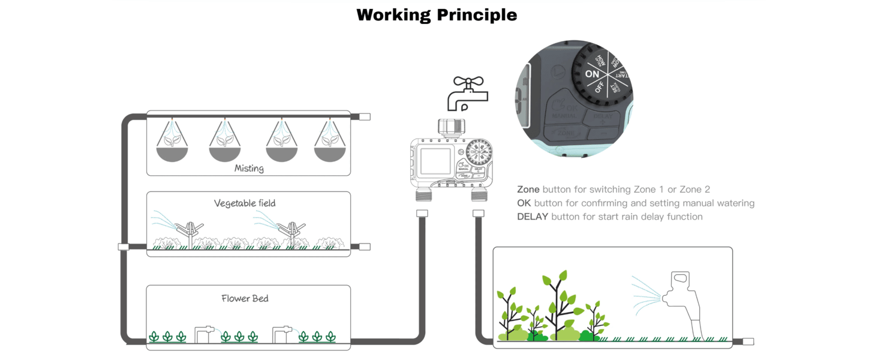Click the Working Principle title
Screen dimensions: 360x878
coord(437,14)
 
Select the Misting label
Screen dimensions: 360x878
coord(249,169)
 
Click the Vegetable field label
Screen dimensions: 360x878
coord(245,203)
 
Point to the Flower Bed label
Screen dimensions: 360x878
coord(245,298)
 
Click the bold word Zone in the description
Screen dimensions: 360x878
coord(528,190)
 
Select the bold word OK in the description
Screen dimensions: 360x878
coord(524,203)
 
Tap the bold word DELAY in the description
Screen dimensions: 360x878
coord(533,217)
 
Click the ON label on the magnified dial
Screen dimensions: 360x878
coord(592,74)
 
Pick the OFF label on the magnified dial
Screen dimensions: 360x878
coord(600,88)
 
